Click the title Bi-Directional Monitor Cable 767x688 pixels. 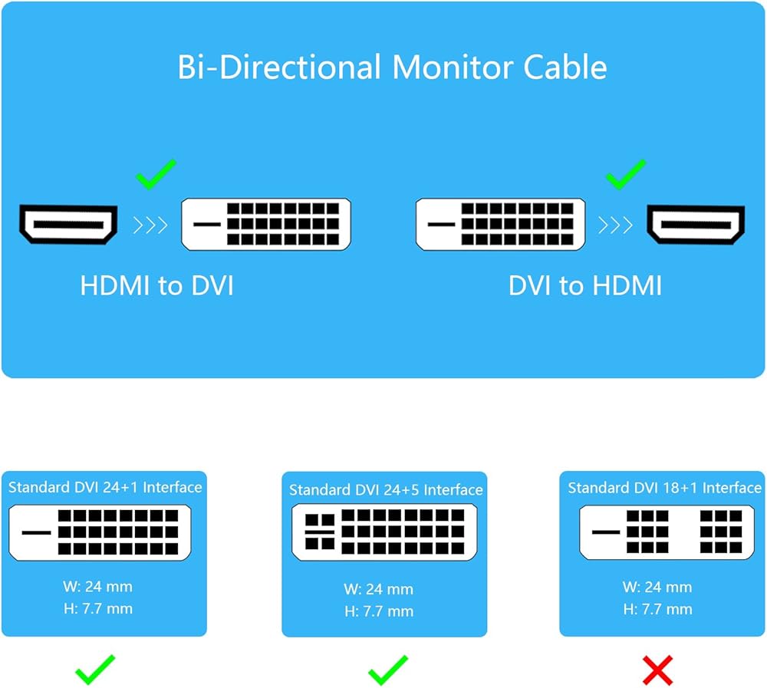point(392,67)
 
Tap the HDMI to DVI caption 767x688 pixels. point(157,285)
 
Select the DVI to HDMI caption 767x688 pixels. point(585,285)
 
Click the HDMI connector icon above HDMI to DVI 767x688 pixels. point(68,224)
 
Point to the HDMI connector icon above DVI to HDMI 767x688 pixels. point(696,224)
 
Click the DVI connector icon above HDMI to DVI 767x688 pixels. point(266,224)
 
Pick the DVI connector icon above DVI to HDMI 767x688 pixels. point(500,224)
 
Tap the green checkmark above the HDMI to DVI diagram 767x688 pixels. point(156,174)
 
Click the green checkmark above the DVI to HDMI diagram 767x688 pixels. point(626,174)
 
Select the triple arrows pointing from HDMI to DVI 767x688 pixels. point(150,225)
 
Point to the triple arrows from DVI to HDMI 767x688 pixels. point(615,225)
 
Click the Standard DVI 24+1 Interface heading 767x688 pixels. point(105,487)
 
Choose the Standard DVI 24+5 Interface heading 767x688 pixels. point(386,490)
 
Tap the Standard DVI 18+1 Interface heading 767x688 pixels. point(665,488)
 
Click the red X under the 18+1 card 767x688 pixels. point(658,670)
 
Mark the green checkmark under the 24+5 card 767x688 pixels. point(388,670)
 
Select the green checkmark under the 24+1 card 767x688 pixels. point(95,670)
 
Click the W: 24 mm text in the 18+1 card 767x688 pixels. point(657,587)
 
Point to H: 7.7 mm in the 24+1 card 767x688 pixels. point(98,609)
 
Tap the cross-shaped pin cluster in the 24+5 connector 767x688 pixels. point(320,532)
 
